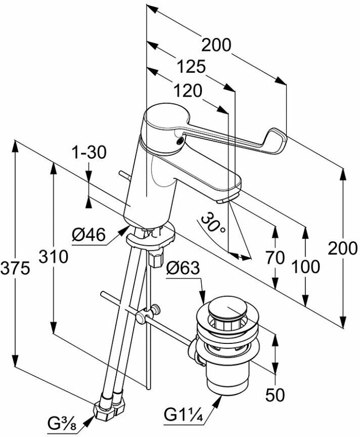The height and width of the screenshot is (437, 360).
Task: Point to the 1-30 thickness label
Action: click(89, 152)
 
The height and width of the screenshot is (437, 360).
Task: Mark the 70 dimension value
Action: click(275, 257)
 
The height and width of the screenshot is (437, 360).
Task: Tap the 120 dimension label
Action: click(187, 91)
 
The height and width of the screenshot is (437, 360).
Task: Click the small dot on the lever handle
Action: click(179, 141)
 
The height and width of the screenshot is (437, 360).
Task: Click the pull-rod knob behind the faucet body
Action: click(121, 174)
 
